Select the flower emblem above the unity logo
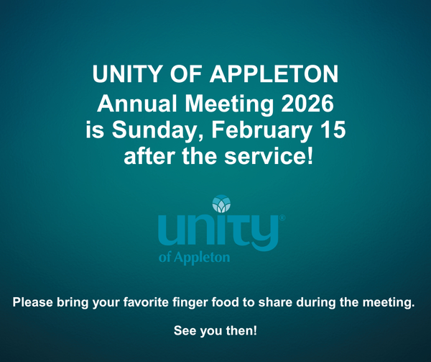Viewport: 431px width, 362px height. point(222,204)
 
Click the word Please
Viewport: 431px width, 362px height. point(33,302)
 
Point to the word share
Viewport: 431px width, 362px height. point(279,302)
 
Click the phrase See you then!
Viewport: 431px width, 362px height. point(215,331)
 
